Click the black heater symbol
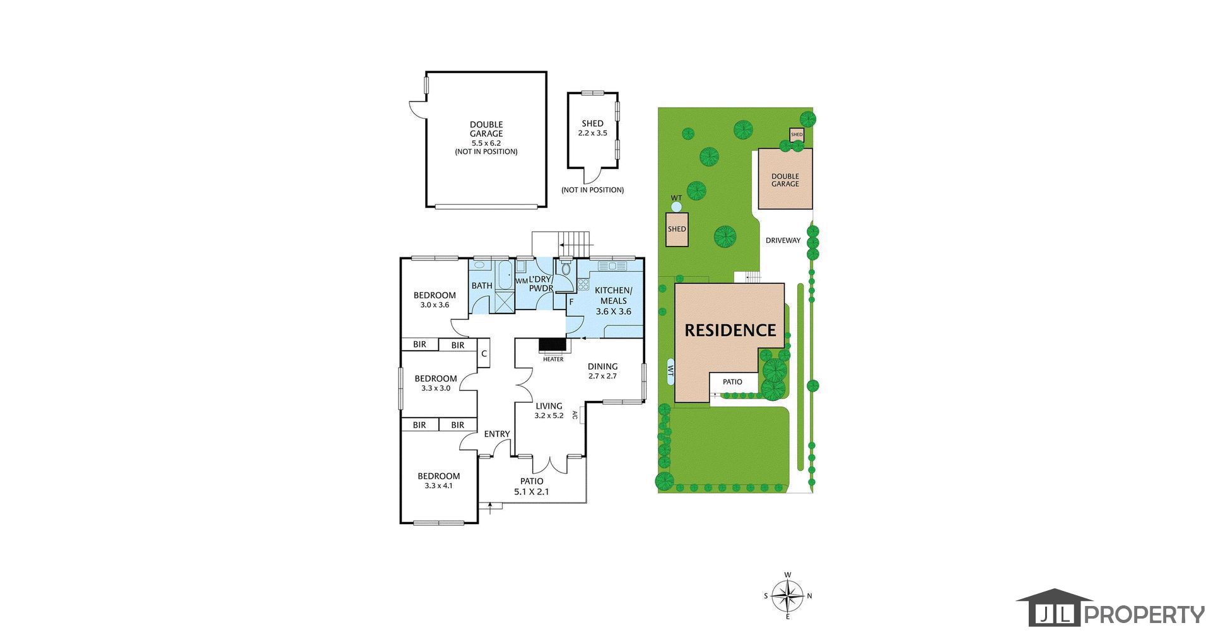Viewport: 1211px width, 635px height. (553, 345)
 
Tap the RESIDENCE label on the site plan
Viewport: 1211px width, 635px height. (730, 330)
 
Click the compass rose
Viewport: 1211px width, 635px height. (788, 595)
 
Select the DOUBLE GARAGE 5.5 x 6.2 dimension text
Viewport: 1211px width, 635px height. (486, 143)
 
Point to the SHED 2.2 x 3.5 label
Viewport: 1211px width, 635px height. (592, 128)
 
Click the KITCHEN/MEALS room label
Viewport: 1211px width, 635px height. (613, 301)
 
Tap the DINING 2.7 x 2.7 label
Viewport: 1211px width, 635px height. (602, 371)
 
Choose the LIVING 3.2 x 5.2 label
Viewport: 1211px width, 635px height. (549, 411)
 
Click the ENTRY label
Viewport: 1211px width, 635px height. (497, 434)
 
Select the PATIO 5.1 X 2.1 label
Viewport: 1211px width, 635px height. (532, 486)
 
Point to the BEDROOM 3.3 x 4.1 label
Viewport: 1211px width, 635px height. (438, 481)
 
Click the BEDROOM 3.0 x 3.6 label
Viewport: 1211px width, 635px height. (435, 300)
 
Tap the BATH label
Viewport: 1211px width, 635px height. (482, 286)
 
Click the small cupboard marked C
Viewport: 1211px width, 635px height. (484, 354)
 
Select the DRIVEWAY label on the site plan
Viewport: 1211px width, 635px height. (783, 240)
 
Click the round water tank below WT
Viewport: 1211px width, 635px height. (676, 206)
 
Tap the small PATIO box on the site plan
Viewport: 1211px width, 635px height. (732, 382)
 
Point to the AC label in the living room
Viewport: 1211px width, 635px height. (575, 415)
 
